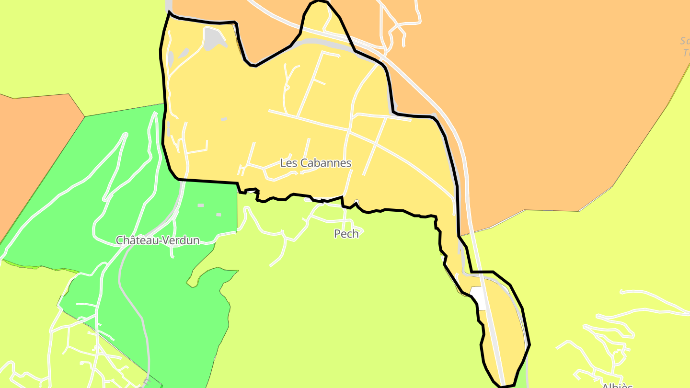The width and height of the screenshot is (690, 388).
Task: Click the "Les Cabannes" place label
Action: (x=315, y=163)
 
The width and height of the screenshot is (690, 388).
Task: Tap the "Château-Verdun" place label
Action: (x=158, y=240)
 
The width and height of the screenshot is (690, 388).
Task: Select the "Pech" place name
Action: (x=346, y=234)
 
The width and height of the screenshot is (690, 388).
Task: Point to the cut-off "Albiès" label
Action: (x=617, y=385)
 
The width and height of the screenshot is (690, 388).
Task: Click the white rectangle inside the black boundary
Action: (x=478, y=298)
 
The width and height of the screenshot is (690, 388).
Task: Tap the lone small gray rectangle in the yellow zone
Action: (x=224, y=119)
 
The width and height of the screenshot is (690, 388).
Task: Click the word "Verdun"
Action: (x=181, y=240)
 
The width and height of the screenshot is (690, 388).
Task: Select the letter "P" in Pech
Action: (x=337, y=234)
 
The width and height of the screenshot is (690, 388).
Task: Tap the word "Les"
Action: (x=288, y=163)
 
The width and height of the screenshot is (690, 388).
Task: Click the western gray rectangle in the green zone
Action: (x=201, y=205)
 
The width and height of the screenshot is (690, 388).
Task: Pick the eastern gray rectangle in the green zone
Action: (x=218, y=215)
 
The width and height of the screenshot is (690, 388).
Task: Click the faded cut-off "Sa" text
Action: (x=685, y=41)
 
